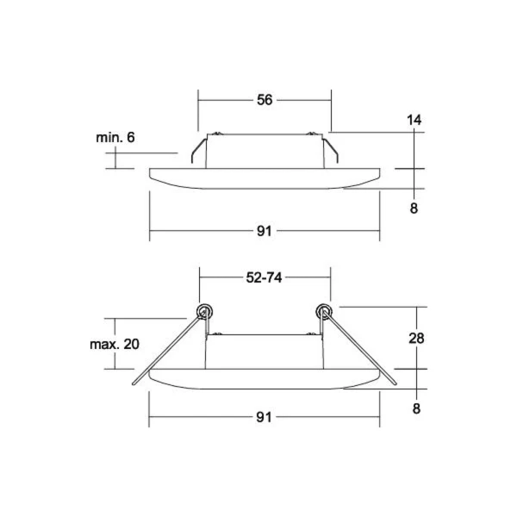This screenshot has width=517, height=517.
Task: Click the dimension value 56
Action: point(265,100)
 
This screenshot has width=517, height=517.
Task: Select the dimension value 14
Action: point(414,120)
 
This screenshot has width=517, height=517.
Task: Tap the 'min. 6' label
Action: point(115,138)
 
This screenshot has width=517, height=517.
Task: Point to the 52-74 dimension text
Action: point(265,277)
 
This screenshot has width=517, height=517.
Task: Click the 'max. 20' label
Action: point(115,344)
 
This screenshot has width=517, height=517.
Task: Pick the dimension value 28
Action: point(416,339)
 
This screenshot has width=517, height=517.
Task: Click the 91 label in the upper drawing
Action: point(265,231)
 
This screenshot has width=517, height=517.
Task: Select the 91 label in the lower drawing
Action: point(264,417)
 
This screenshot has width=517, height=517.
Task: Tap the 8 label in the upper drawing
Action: point(414,209)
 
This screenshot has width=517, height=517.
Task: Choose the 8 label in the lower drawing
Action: point(416,408)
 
